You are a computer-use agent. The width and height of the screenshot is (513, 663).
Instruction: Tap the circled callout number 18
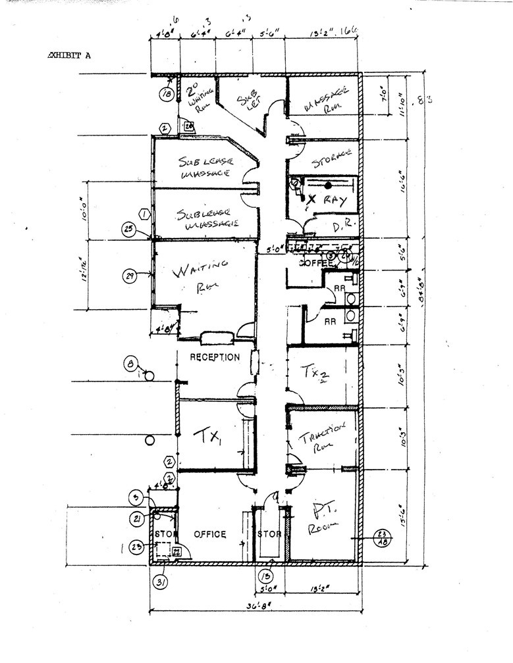pyautogui.click(x=167, y=95)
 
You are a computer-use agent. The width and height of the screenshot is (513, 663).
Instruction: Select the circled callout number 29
pyautogui.click(x=129, y=276)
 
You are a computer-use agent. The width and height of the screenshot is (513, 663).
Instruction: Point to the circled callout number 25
pyautogui.click(x=129, y=229)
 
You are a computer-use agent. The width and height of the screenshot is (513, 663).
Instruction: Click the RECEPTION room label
pyautogui.click(x=215, y=357)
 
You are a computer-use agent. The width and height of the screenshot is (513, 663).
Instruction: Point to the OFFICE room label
pyautogui.click(x=209, y=534)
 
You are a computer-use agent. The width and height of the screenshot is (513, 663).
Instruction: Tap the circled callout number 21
pyautogui.click(x=138, y=519)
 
